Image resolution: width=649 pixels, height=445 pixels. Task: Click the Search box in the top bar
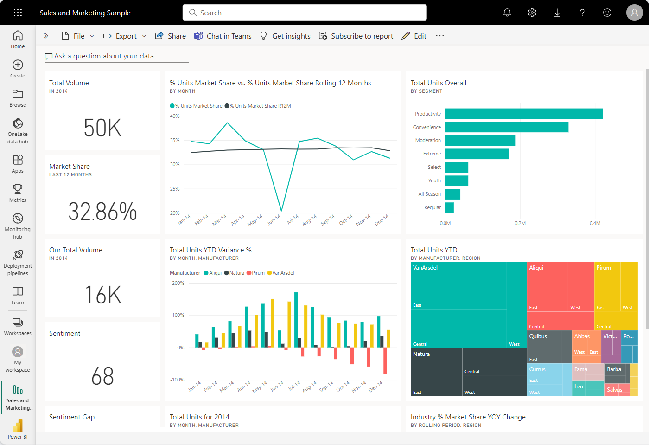304,13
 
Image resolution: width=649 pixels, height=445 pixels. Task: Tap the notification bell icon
507,13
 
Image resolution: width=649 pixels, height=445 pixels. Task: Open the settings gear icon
532,13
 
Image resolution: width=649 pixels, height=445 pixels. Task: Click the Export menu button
125,36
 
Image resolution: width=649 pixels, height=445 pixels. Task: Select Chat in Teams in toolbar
223,36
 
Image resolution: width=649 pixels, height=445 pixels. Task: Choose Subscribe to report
356,36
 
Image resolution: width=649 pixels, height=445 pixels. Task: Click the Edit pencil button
414,36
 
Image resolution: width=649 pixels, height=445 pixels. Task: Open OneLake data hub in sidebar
18,130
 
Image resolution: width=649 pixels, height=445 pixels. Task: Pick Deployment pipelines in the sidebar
18,262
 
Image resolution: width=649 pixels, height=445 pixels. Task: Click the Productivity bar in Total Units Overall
524,114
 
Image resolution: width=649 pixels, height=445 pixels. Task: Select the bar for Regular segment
449,207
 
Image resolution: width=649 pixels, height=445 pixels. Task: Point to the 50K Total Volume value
102,128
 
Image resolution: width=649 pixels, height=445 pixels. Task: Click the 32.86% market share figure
102,212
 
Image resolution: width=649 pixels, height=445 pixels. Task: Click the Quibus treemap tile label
538,336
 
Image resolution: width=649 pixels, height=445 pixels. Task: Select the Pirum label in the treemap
604,268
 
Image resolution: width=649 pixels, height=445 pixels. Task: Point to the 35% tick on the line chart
175,140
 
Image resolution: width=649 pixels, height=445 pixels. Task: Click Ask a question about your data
104,56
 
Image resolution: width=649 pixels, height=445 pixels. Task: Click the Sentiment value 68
102,376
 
